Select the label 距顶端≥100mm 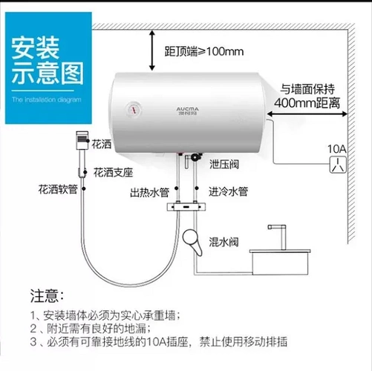pos(203,53)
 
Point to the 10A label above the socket pos(339,147)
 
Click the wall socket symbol pos(339,164)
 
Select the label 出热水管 pos(150,193)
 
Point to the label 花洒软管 pos(57,189)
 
